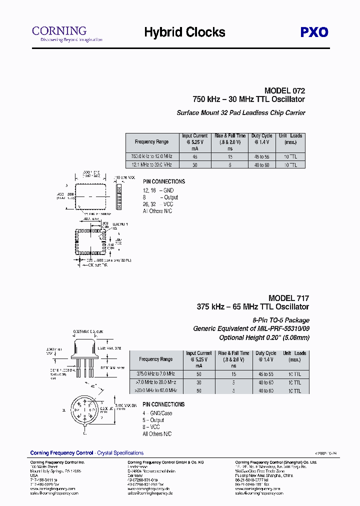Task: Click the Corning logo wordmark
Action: point(59,30)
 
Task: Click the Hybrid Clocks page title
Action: point(184,32)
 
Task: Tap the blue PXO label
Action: point(314,32)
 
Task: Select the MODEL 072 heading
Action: point(284,91)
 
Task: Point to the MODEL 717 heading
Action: point(288,298)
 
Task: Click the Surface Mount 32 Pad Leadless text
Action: point(241,113)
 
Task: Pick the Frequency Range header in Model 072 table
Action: point(151,142)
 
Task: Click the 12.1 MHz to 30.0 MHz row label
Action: point(151,164)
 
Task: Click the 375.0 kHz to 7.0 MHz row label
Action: point(155,373)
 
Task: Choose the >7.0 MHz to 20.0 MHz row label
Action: point(155,382)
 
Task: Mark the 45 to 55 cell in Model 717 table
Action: point(266,373)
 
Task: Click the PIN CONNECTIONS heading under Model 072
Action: point(163,181)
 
